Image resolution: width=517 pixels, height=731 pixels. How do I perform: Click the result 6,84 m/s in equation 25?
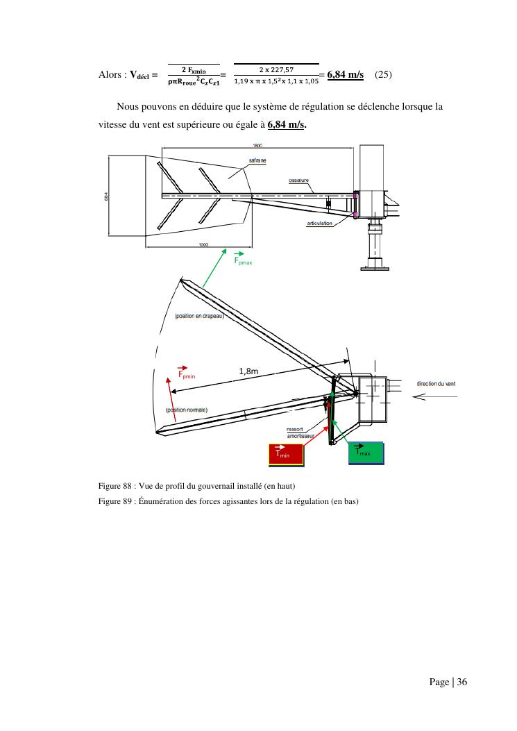345,74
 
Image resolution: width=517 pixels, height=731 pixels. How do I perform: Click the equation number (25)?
384,74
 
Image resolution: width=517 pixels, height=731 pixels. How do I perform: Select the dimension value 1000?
204,244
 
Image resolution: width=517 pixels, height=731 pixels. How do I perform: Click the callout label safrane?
257,160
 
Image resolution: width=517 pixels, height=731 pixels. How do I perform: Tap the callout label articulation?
320,223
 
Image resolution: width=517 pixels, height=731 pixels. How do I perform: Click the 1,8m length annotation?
248,371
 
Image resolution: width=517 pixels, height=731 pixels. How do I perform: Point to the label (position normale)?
187,410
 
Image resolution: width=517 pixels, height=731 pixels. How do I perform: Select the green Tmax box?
365,452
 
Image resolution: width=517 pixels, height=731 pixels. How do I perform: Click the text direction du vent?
436,384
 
